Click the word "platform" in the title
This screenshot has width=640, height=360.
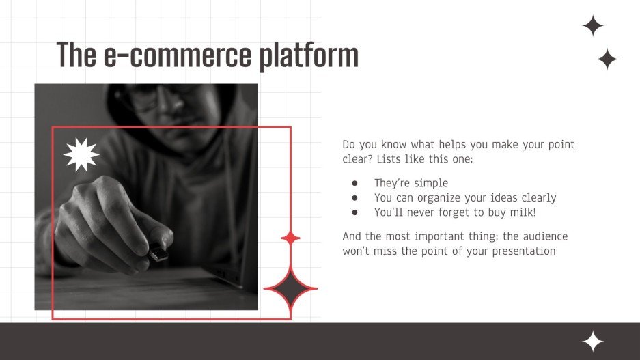tap(308, 55)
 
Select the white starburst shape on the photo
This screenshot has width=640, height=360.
tap(81, 154)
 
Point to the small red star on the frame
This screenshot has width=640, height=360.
tap(291, 238)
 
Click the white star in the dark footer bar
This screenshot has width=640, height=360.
tap(592, 342)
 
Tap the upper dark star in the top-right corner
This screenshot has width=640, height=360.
tap(593, 26)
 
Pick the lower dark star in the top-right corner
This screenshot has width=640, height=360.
tap(607, 59)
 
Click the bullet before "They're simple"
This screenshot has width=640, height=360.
tap(354, 183)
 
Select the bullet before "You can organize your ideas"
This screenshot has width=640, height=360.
tap(354, 198)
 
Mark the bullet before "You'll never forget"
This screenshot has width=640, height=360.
tap(354, 212)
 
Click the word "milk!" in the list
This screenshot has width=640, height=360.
tap(523, 212)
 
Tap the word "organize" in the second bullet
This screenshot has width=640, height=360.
tap(441, 198)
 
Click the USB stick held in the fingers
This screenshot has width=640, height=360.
tap(158, 253)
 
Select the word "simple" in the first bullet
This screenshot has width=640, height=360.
tap(432, 183)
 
